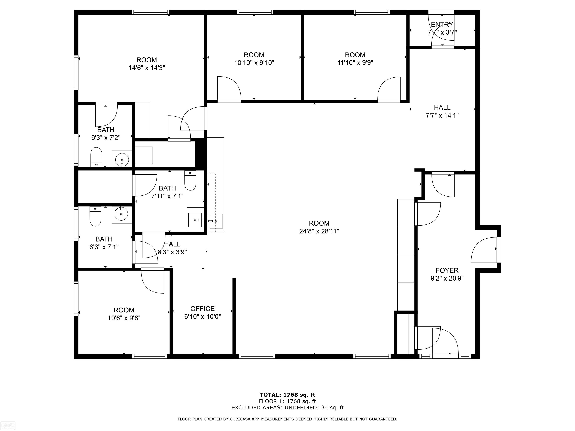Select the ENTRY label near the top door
tap(442, 25)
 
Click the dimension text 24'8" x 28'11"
tap(319, 231)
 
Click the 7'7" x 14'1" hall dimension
tap(442, 115)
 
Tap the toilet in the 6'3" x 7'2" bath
tap(96, 157)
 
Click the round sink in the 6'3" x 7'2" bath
tap(122, 158)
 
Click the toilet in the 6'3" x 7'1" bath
tap(95, 216)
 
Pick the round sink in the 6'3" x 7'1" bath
tap(122, 214)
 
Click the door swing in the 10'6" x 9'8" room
tap(153, 281)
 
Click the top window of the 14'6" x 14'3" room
tap(150, 12)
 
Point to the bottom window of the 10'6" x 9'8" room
tap(150, 356)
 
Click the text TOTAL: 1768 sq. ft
tap(287, 395)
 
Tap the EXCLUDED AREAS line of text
tap(287, 408)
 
